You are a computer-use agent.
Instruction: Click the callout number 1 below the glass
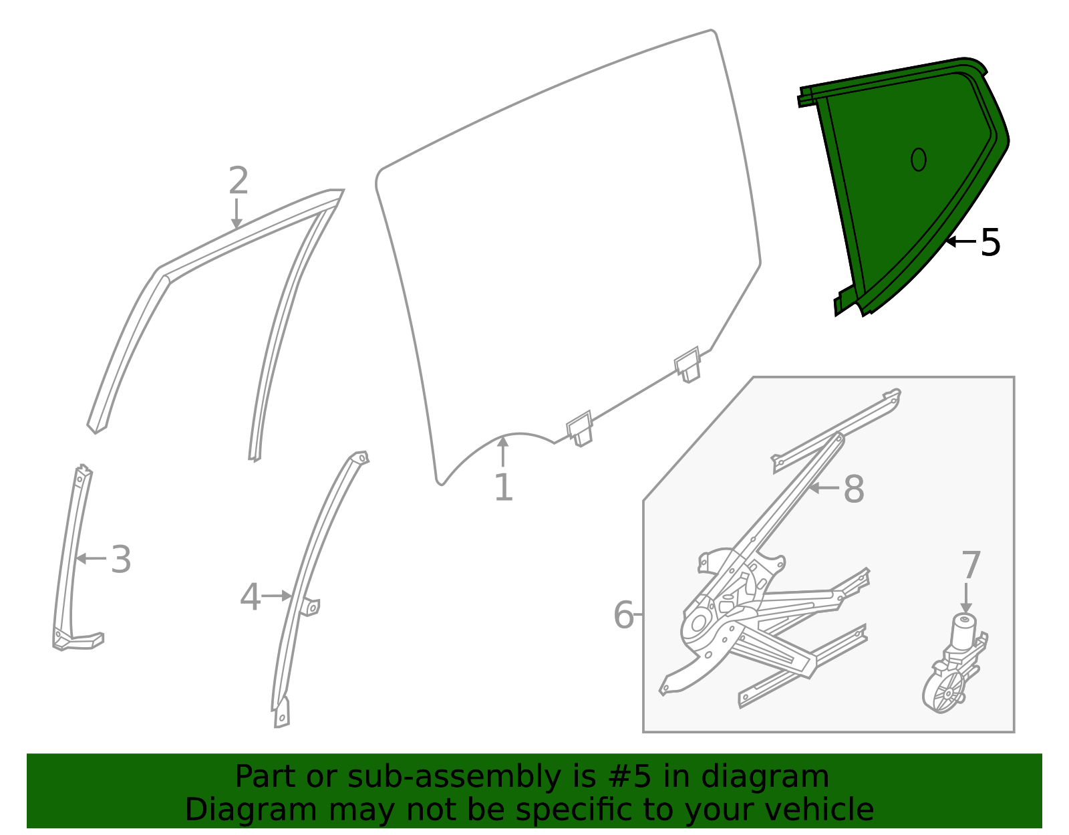(503, 488)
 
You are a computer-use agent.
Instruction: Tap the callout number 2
(239, 181)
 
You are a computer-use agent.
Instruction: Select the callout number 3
(121, 560)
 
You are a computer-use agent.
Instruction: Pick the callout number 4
(250, 597)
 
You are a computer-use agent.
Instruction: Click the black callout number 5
(990, 243)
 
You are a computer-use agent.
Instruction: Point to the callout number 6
(623, 615)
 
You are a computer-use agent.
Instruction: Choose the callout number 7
(971, 566)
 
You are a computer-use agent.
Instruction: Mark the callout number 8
(854, 489)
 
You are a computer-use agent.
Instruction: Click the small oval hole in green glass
(919, 159)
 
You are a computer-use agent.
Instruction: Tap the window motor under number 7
(952, 669)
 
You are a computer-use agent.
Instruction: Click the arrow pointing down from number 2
(236, 214)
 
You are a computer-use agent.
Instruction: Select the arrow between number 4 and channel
(277, 596)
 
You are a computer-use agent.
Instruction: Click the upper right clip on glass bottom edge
(688, 365)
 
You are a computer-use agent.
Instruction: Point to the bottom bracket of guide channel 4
(282, 714)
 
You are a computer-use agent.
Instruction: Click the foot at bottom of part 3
(80, 640)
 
